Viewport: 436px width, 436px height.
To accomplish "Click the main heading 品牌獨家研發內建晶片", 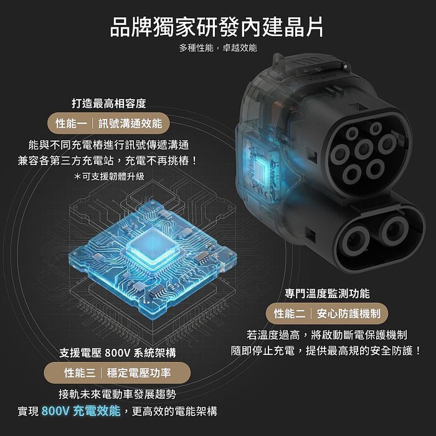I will (x=217, y=27).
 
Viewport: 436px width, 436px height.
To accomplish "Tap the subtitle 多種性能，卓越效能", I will (x=217, y=48).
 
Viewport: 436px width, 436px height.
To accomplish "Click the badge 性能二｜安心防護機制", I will (x=327, y=313).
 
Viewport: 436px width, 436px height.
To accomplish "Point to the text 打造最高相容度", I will (x=108, y=103).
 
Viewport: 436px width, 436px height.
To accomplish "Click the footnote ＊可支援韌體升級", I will (x=108, y=176).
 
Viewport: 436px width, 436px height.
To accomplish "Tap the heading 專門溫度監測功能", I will (x=327, y=293).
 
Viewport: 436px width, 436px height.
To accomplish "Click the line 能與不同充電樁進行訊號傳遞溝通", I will (x=108, y=145).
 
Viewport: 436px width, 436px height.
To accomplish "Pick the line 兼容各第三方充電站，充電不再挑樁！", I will (x=108, y=160).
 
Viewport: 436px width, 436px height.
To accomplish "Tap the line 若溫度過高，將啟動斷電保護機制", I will (x=327, y=334).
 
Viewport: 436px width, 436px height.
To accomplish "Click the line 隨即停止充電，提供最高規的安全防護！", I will (x=327, y=350).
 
